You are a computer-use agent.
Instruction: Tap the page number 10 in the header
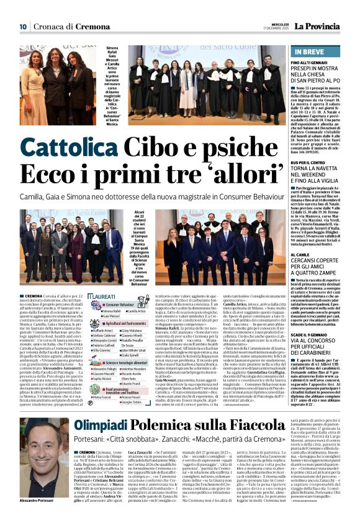tap(23, 27)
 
